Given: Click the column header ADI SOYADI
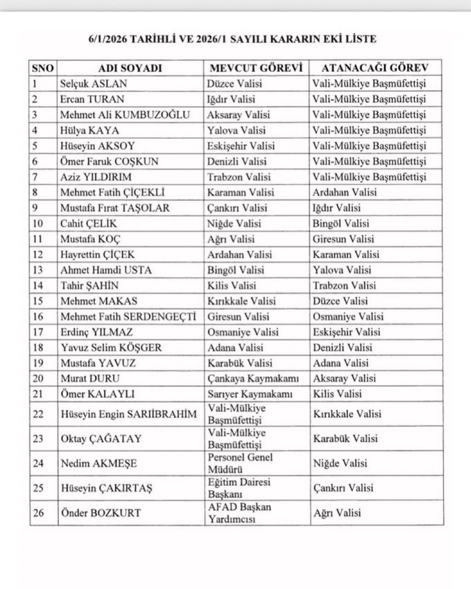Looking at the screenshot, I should pos(130,68).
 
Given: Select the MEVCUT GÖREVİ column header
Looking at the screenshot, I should pos(256,68).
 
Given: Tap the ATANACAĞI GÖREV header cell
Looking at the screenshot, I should pos(375,68).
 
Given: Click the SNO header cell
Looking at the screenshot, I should pos(43,68).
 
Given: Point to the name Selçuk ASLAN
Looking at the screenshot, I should pos(93,84).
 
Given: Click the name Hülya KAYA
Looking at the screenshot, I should pos(89,130).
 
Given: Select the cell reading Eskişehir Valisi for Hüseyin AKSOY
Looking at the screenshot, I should pos(241,146).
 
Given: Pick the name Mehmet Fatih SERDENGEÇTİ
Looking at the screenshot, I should pos(128,317).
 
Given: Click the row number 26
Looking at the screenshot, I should pos(38,513).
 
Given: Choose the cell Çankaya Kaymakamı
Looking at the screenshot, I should pos(253,378).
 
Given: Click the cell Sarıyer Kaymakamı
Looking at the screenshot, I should pos(250,394).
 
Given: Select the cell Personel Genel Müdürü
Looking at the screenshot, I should pos(240,463).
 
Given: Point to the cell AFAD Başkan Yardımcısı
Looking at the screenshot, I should pos(239,513).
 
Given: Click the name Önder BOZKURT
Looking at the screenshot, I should pos(101,513).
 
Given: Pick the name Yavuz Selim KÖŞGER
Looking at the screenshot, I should pos(111,347).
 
